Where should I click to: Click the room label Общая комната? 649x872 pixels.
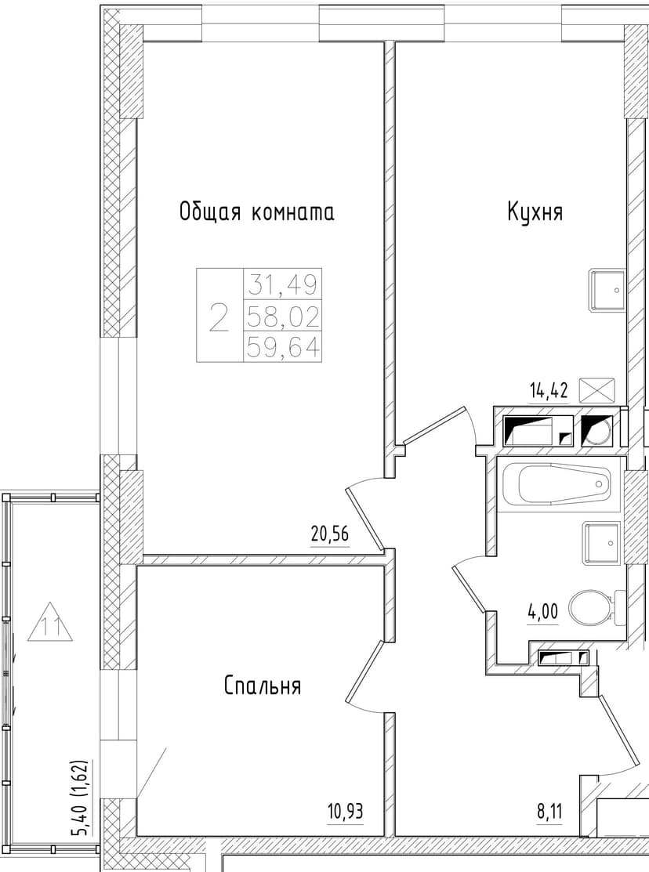pos(256,212)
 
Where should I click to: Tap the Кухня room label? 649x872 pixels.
pos(535,212)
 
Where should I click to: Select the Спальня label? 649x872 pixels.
pos(263,686)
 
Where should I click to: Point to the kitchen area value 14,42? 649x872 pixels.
pos(548,390)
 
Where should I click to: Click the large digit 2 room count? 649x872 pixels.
pos(219,317)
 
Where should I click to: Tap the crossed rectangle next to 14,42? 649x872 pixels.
pos(597,390)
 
